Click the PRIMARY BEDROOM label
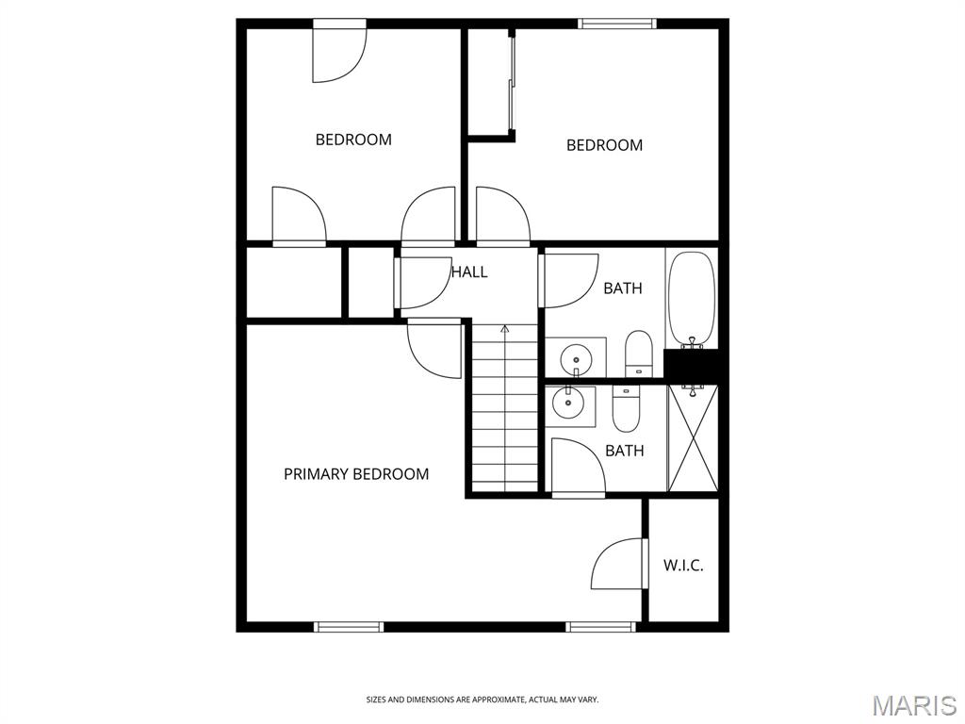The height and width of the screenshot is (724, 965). pyautogui.click(x=355, y=474)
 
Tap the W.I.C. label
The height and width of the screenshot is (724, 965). pyautogui.click(x=683, y=566)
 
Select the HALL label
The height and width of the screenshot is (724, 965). pyautogui.click(x=469, y=272)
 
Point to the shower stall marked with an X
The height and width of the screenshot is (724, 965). pyautogui.click(x=693, y=437)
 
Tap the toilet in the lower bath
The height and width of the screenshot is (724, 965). pyautogui.click(x=626, y=408)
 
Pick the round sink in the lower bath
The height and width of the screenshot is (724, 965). pyautogui.click(x=567, y=403)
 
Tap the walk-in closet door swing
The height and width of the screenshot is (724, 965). pyautogui.click(x=618, y=564)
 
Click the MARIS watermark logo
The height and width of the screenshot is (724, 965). pyautogui.click(x=915, y=705)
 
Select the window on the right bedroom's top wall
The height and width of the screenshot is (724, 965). pyautogui.click(x=616, y=24)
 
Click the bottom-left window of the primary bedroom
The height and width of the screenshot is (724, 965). pyautogui.click(x=349, y=627)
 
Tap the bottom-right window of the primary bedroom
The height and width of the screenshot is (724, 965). pyautogui.click(x=600, y=627)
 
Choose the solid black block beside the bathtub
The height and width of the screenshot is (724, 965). pyautogui.click(x=692, y=364)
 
